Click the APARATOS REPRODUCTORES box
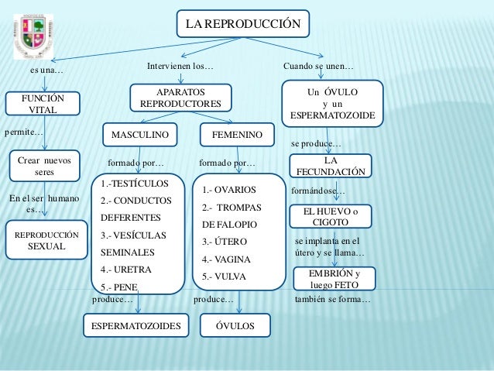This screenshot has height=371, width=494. point(179,98)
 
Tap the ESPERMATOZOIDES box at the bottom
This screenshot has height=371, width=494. point(137,326)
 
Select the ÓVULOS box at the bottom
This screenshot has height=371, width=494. point(236,326)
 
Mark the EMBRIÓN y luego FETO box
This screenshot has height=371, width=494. point(334,279)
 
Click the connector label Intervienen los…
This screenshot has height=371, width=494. point(180,67)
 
